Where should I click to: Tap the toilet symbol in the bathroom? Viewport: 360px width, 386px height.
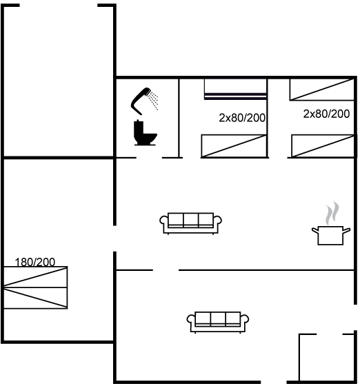click(145, 133)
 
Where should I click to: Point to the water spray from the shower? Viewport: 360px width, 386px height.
click(153, 100)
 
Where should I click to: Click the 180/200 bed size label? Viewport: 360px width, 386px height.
click(35, 262)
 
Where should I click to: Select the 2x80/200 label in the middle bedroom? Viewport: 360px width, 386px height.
click(242, 118)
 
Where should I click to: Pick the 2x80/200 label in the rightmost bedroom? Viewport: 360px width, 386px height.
click(326, 114)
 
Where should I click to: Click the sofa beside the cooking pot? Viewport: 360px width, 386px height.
click(190, 223)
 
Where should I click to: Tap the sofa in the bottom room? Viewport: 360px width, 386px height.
click(218, 323)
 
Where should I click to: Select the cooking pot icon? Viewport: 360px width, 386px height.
click(331, 235)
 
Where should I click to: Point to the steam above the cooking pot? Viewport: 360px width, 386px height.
click(332, 213)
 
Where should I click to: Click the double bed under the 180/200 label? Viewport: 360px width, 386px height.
click(35, 287)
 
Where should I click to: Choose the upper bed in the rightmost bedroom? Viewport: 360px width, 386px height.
click(322, 90)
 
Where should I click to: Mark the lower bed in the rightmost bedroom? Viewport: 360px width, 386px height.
click(323, 145)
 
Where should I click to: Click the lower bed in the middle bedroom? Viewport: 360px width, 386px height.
click(234, 146)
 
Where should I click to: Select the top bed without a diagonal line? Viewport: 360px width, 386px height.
click(235, 89)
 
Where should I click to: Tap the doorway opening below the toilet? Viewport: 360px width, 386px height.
click(149, 158)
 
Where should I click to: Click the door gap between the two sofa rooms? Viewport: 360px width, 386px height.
click(166, 270)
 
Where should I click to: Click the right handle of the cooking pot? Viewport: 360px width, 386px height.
click(346, 231)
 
